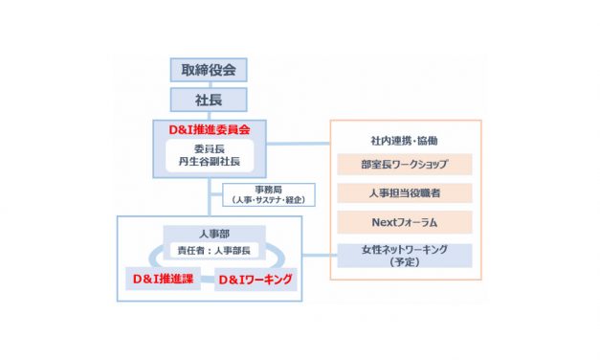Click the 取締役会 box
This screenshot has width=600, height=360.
click(x=209, y=70)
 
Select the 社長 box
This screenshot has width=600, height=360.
click(x=209, y=99)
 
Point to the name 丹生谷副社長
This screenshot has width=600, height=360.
click(x=209, y=162)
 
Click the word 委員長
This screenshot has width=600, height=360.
click(x=209, y=148)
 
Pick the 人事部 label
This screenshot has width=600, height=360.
click(x=209, y=234)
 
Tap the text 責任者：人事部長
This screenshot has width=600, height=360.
click(x=209, y=251)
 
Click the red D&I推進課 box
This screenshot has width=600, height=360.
click(x=163, y=280)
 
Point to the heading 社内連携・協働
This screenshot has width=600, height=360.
click(x=405, y=141)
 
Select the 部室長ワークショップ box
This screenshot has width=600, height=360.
click(x=405, y=165)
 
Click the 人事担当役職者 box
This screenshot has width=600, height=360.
click(x=405, y=194)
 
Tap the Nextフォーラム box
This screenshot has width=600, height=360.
click(x=405, y=223)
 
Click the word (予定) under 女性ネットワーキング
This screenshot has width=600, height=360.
click(x=405, y=261)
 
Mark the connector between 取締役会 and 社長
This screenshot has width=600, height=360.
click(x=209, y=84)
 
